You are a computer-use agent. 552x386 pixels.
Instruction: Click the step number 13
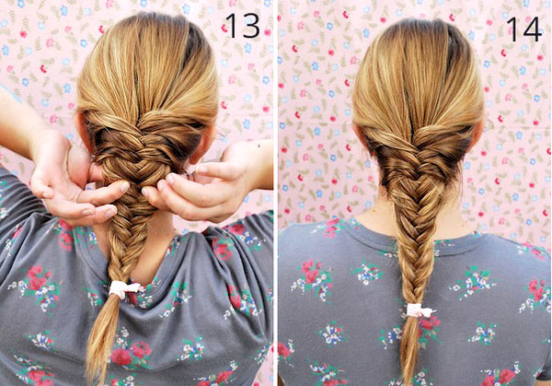242,26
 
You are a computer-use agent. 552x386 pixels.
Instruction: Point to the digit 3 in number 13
250,26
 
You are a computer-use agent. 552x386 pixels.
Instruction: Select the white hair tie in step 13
124,289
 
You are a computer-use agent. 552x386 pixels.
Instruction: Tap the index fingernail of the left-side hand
124,186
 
